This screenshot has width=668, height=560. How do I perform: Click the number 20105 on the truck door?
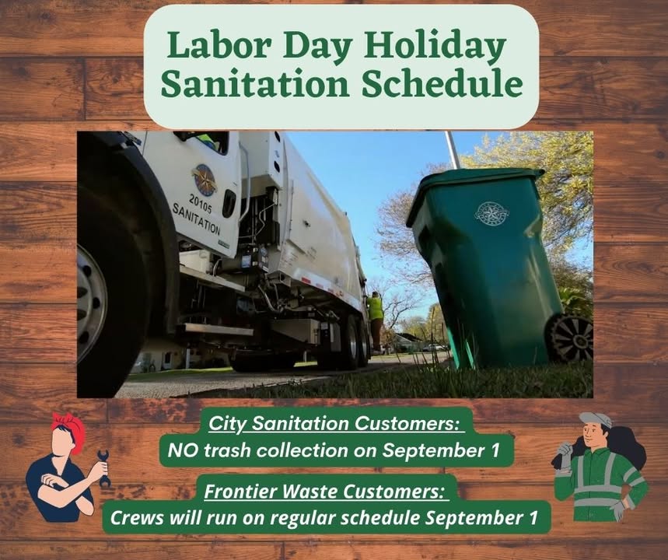(x=201, y=203)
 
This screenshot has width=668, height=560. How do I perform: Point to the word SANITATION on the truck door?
(x=197, y=219)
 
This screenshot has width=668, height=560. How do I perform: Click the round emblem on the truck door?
(x=205, y=180)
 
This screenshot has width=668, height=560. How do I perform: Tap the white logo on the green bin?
(x=491, y=213)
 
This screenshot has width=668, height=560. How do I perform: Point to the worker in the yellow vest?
(x=375, y=320)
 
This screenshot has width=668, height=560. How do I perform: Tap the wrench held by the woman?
(x=103, y=468)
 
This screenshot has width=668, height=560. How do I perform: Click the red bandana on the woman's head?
(x=68, y=431)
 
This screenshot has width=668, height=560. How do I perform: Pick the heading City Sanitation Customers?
(x=335, y=424)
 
